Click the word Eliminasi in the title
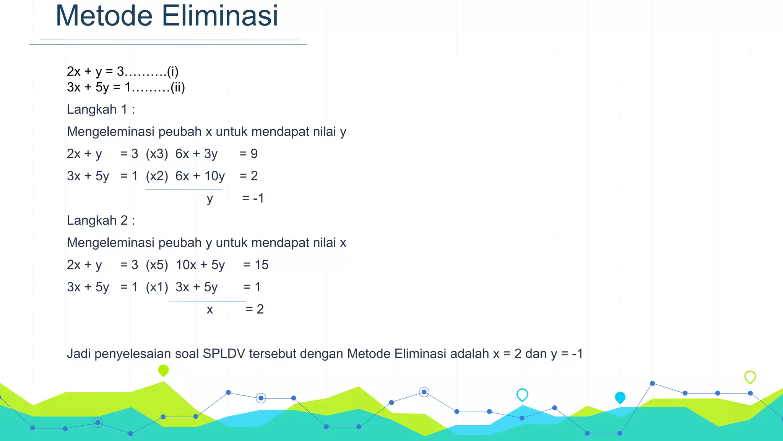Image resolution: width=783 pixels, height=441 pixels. coord(219,16)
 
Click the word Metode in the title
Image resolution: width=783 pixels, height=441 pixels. coord(104,16)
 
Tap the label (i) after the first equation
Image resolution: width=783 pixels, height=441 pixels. coord(172,72)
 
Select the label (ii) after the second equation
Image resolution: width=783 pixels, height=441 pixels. coord(177,88)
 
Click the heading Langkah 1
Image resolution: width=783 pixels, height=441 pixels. coord(101,109)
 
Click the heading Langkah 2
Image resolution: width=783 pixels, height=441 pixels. coord(101,220)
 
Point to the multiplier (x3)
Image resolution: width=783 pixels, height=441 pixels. coord(157,154)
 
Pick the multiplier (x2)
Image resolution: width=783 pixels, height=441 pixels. coord(157,176)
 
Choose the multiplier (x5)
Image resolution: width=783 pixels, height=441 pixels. coord(157,265)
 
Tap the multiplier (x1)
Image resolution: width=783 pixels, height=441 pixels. coord(157,287)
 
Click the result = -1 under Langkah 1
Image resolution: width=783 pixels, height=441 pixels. coord(253,198)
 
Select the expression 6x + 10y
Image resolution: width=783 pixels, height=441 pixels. coord(200,176)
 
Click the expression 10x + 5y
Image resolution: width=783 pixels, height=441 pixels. coord(200,265)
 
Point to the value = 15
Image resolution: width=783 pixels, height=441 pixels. coord(256,265)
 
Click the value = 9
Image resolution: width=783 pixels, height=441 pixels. coord(249,154)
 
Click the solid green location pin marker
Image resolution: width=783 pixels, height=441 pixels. coord(163,370)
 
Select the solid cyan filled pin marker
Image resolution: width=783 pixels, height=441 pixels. coord(620,398)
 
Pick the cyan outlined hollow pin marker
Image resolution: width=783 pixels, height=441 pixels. coord(522,395)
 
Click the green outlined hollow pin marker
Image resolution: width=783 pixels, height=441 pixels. coord(750,377)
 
